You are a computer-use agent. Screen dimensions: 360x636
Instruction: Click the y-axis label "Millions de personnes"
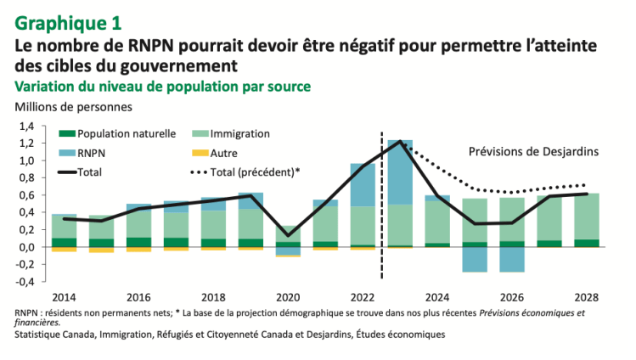(73, 108)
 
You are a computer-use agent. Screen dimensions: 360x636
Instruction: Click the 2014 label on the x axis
(64, 298)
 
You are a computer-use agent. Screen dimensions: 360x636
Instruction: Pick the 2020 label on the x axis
(290, 298)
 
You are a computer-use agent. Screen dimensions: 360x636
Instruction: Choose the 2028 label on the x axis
(587, 298)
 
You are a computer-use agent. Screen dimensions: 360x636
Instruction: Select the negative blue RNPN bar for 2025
(475, 260)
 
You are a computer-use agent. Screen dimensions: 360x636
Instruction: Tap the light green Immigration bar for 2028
(587, 217)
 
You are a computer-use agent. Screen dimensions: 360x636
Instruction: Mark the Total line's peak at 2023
(400, 141)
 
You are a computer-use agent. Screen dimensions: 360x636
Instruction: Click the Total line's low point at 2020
(288, 235)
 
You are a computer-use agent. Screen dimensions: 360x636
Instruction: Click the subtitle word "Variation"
(42, 87)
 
